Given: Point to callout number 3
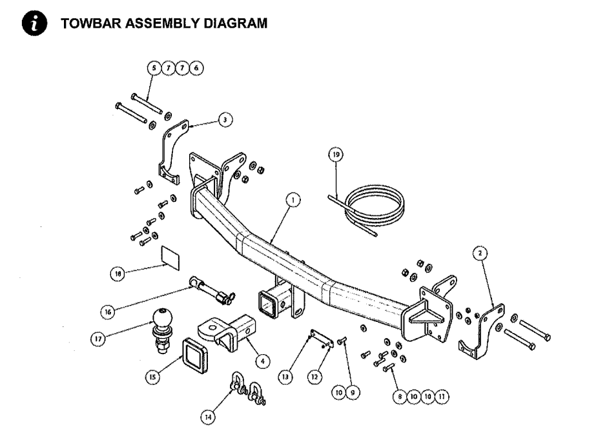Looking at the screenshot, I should tap(223, 120).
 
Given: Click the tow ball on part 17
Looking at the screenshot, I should tap(161, 317).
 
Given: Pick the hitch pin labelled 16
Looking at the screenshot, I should tap(211, 289).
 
